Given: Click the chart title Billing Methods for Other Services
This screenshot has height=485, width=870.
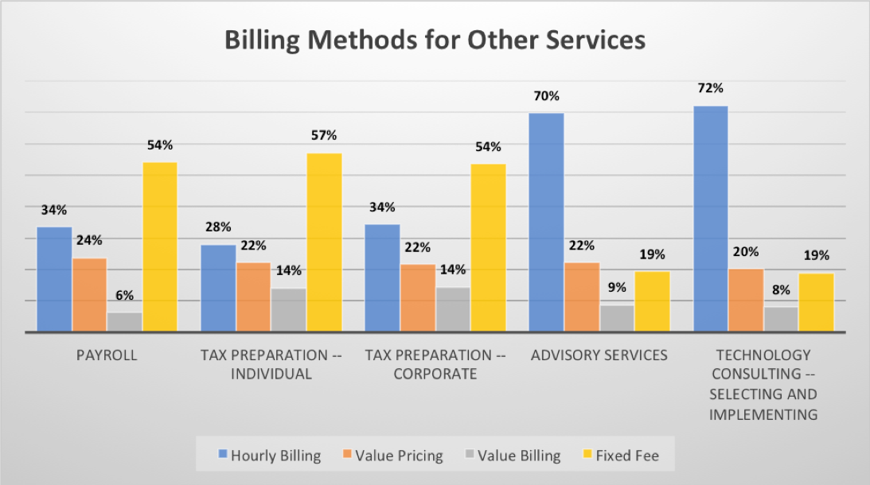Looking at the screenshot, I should (435, 41).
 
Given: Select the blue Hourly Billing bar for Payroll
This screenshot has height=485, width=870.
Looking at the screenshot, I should (54, 279).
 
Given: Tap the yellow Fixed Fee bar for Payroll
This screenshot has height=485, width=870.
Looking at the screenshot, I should (160, 246).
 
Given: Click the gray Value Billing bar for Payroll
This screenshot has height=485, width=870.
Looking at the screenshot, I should (125, 322).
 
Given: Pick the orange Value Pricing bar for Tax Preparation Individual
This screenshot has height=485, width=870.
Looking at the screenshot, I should (253, 297).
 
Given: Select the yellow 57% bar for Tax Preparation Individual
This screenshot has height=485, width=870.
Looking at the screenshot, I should (324, 242).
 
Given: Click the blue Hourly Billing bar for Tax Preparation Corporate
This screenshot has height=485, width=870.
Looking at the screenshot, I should (382, 277).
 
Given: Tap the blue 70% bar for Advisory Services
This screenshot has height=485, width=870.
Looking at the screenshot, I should (546, 222).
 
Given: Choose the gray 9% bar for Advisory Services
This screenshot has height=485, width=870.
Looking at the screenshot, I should (617, 318).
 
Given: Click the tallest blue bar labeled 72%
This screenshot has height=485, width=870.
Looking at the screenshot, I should (711, 219).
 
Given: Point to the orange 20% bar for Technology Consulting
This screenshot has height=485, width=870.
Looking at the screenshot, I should (746, 300).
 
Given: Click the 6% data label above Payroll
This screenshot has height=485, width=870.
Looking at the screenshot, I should (124, 296).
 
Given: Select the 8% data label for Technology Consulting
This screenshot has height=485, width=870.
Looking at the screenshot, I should (781, 290).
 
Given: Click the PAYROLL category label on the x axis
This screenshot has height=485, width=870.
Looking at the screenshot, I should (107, 355).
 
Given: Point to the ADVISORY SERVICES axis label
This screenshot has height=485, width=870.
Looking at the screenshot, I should (599, 355).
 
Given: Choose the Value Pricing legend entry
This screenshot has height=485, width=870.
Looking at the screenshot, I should (392, 456).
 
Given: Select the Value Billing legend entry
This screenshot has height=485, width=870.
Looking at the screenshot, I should (513, 456).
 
